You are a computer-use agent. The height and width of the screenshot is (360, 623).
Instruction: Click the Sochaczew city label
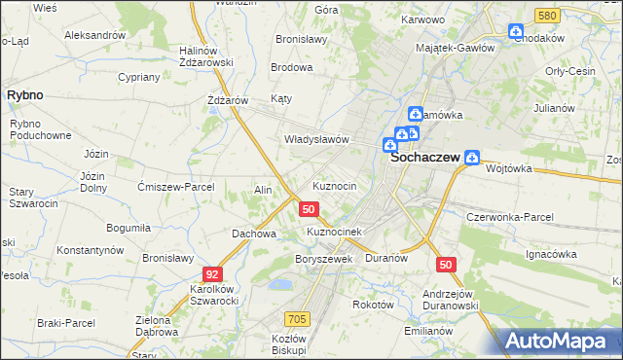[425, 157]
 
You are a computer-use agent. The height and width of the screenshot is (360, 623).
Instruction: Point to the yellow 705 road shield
[298, 318]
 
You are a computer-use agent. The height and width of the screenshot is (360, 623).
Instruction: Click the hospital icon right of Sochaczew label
[472, 156]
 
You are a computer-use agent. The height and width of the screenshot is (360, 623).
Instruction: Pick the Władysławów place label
[315, 139]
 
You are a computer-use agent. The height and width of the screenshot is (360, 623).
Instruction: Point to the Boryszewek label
[322, 259]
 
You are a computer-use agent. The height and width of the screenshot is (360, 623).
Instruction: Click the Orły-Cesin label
[570, 71]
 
